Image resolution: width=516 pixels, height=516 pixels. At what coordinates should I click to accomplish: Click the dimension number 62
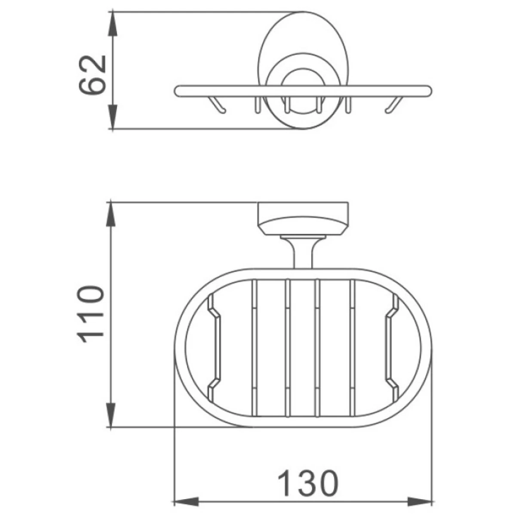92,75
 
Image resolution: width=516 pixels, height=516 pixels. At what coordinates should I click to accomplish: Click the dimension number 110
90,314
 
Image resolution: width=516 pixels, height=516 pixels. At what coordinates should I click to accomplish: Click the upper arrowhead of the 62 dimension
113,24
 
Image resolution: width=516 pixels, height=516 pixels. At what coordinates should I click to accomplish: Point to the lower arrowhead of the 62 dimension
113,117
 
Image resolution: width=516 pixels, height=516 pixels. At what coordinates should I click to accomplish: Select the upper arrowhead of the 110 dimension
111,215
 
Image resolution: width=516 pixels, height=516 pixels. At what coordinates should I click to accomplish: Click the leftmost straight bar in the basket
255,348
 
